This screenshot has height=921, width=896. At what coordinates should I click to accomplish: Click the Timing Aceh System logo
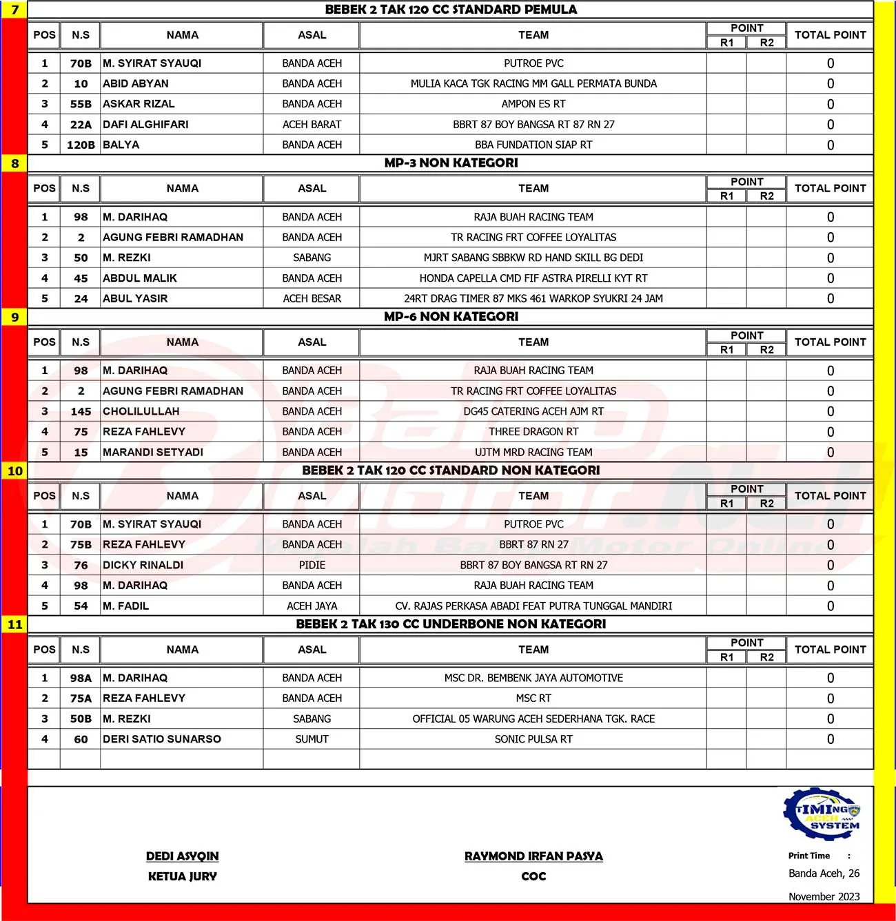tap(822, 814)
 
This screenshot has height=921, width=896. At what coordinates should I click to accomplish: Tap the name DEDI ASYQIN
tap(182, 856)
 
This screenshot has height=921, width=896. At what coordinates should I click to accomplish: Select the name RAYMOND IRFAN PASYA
tap(533, 856)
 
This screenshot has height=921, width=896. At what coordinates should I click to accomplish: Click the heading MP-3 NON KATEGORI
tap(451, 163)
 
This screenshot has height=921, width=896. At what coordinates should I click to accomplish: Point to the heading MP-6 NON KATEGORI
tap(451, 317)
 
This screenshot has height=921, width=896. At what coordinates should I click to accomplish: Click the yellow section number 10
tap(15, 471)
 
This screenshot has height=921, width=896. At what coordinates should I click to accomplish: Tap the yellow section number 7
tap(15, 10)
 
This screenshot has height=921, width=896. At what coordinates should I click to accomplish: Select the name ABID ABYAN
tap(136, 83)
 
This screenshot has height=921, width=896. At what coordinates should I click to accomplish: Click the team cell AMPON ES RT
tap(533, 104)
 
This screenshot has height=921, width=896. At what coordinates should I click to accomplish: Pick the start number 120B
tap(81, 145)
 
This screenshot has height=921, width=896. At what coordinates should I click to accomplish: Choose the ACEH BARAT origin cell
tap(312, 125)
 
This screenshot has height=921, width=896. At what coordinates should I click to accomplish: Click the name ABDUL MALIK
tap(140, 278)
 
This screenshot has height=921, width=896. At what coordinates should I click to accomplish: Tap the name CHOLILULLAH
tap(141, 411)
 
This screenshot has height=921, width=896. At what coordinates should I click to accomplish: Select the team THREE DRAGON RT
tap(533, 432)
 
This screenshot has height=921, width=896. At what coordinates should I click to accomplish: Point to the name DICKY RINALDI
tap(143, 565)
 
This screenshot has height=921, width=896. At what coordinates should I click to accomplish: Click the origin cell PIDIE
tap(312, 565)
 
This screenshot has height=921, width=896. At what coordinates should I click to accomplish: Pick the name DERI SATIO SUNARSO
tap(162, 739)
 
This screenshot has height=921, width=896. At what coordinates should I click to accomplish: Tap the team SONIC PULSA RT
tap(533, 739)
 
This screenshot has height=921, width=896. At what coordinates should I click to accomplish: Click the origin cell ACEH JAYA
tap(312, 606)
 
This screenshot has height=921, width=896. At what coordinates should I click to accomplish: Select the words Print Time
tap(809, 856)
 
